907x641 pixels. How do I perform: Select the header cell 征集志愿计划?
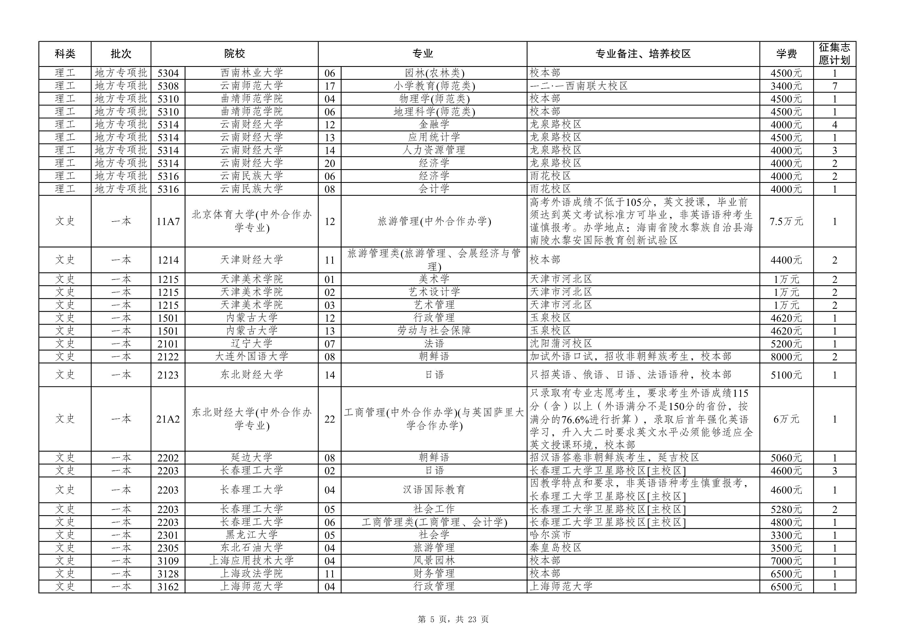pyautogui.click(x=834, y=54)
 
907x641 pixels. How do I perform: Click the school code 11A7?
pyautogui.click(x=168, y=222)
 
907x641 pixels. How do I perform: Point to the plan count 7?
pyautogui.click(x=835, y=86)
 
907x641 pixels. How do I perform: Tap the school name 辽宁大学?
pyautogui.click(x=252, y=344)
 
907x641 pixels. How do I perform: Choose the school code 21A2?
pyautogui.click(x=168, y=419)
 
